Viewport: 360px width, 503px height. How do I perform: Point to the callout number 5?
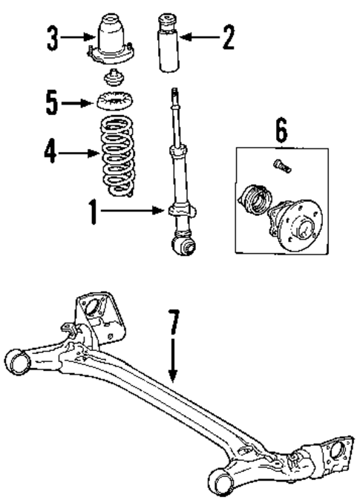(x=50, y=102)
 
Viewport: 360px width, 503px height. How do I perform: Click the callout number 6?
(x=280, y=131)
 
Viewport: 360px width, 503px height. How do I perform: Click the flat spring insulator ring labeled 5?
(x=114, y=102)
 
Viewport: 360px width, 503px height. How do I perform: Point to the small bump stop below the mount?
(x=114, y=76)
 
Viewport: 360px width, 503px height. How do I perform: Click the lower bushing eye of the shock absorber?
(x=182, y=244)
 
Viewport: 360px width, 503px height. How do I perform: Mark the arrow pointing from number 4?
(x=77, y=154)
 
